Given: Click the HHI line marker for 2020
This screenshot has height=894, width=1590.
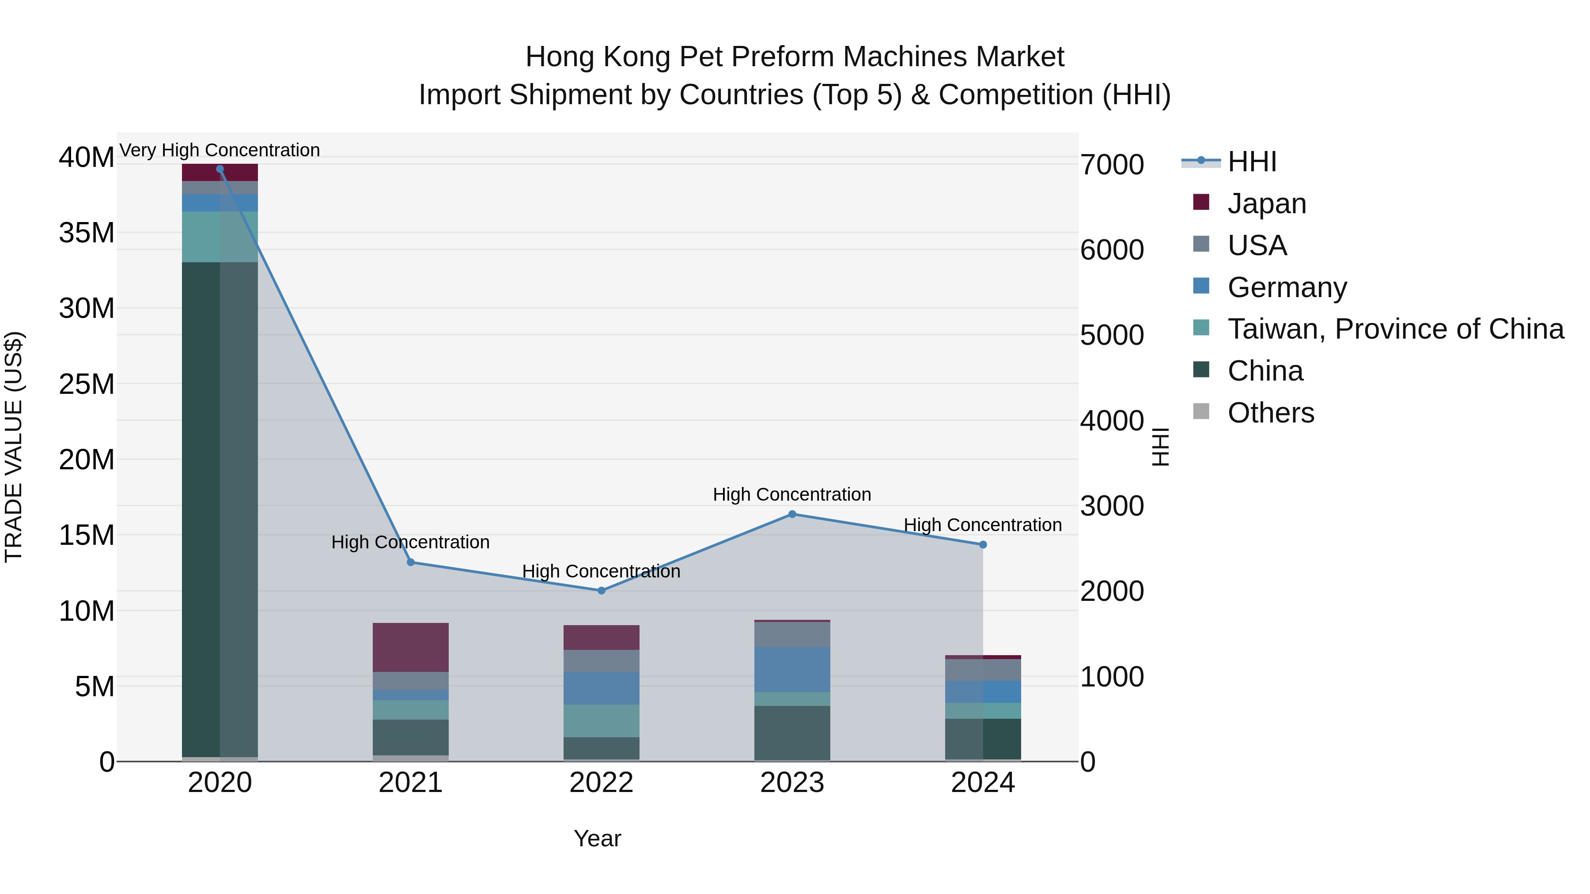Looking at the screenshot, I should (x=220, y=169).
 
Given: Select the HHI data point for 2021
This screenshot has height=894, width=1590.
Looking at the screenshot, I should (x=410, y=562).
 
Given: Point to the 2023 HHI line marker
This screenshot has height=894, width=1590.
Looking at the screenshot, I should (x=792, y=514).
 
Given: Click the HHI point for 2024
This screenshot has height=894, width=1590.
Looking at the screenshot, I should (x=983, y=545).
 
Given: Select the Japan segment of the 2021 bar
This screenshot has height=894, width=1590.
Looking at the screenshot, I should (x=410, y=647).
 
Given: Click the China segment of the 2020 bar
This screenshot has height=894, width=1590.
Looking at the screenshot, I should (x=220, y=509).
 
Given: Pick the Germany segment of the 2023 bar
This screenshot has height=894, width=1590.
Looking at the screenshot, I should (x=792, y=669).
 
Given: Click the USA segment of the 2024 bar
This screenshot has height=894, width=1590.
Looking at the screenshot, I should (x=983, y=670).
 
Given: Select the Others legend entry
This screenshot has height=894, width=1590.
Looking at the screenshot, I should (x=1270, y=413).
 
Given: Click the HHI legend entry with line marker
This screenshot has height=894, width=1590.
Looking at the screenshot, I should (x=1252, y=162).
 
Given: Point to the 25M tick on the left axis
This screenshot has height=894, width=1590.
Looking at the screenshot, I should (x=87, y=384).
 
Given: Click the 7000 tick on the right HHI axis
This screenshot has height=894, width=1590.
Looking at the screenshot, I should (x=1112, y=165).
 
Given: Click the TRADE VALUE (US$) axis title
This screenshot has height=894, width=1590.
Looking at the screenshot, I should (x=14, y=447).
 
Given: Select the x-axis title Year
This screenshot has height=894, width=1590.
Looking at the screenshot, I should (x=597, y=838).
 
